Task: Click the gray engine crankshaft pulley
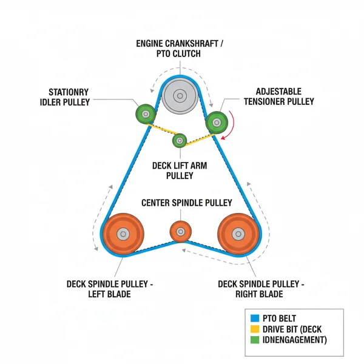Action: pyautogui.click(x=180, y=95)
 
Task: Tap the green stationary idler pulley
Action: pyautogui.click(x=146, y=113)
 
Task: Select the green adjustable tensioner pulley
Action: pyautogui.click(x=216, y=122)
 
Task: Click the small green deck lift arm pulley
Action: pyautogui.click(x=179, y=141)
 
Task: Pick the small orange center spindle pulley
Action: pyautogui.click(x=180, y=231)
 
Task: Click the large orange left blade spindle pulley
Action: pyautogui.click(x=123, y=234)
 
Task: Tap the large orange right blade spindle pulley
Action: pyautogui.click(x=238, y=233)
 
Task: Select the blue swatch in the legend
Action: pyautogui.click(x=255, y=317)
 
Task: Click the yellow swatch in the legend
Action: pyautogui.click(x=255, y=328)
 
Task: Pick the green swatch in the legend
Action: pyautogui.click(x=255, y=339)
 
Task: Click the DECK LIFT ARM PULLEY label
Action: pyautogui.click(x=180, y=170)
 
